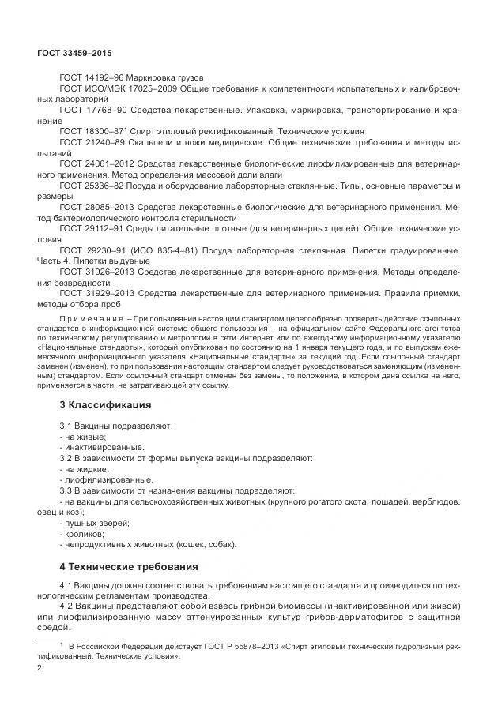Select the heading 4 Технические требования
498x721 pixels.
point(123,566)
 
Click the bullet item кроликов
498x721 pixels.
point(85,534)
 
